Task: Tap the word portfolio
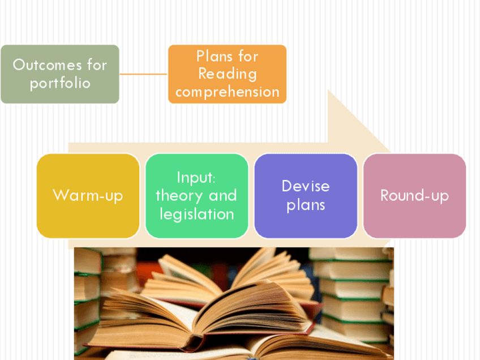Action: [x=60, y=83]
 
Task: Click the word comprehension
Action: [x=227, y=92]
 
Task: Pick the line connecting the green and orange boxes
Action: [x=143, y=74]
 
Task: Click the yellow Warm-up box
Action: [x=88, y=195]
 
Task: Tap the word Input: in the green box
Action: [x=196, y=177]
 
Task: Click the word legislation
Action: [x=196, y=213]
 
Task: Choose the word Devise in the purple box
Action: [x=306, y=186]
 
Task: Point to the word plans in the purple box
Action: [x=306, y=204]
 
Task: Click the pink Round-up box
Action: [x=414, y=195]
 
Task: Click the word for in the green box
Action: [x=97, y=65]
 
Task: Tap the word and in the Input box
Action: [x=222, y=195]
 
